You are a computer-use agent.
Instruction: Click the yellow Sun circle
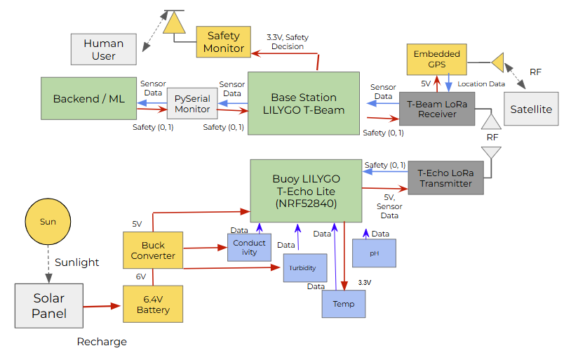click(48, 222)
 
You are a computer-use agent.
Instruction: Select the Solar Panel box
click(48, 305)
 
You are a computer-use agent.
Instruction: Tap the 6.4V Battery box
click(152, 304)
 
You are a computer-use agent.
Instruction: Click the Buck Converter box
click(152, 251)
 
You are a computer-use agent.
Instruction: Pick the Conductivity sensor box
click(249, 248)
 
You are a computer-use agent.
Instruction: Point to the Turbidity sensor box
click(305, 268)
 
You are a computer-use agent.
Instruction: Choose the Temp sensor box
click(344, 303)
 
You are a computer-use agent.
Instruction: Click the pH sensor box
click(374, 253)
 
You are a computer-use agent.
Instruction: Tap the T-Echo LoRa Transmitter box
click(445, 178)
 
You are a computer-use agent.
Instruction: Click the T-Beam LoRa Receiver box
click(437, 109)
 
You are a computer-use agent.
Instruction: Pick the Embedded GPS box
click(436, 59)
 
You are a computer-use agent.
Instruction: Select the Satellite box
click(531, 109)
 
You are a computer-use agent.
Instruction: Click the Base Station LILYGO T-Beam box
click(304, 103)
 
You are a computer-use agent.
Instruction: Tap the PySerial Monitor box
click(192, 104)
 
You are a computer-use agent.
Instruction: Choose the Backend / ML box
click(88, 99)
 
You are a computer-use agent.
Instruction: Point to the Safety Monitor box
click(223, 42)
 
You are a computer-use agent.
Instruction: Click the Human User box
click(103, 49)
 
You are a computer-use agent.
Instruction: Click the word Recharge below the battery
click(102, 342)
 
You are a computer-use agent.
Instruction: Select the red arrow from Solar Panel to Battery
click(102, 307)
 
